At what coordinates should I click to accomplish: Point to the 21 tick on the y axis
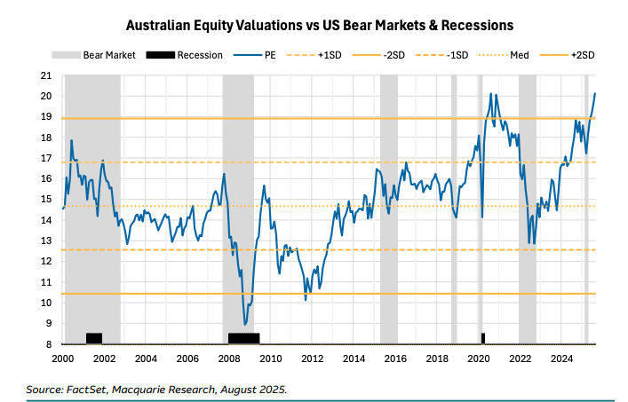[50, 75]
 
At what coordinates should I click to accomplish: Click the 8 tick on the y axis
[52, 344]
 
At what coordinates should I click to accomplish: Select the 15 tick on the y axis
[50, 200]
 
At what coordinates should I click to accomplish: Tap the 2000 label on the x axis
[62, 359]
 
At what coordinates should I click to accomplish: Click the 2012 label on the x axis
[312, 359]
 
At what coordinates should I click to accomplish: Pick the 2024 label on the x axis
[561, 359]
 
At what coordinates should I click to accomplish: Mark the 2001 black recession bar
[93, 338]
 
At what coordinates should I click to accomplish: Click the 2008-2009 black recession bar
[243, 338]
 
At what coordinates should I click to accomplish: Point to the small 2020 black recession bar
[483, 338]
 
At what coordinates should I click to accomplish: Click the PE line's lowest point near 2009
[245, 324]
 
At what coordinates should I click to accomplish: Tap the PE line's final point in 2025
[594, 93]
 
